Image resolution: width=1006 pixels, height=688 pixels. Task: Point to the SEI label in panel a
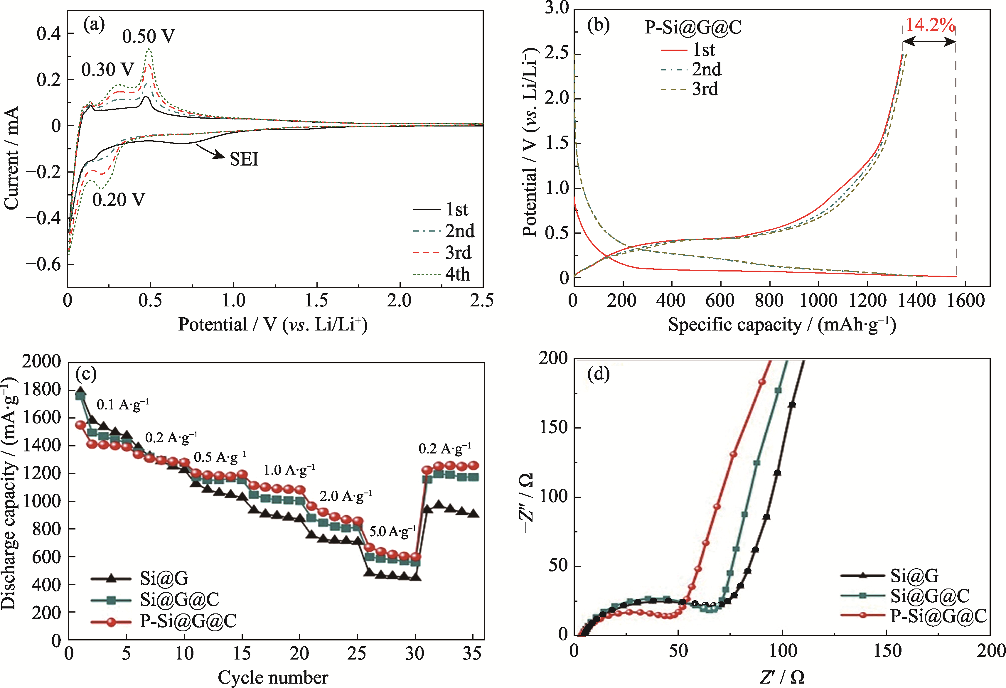pyautogui.click(x=244, y=159)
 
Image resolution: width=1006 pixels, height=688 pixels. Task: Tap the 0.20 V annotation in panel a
pyautogui.click(x=119, y=200)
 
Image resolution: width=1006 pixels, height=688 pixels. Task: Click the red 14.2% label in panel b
pyautogui.click(x=930, y=25)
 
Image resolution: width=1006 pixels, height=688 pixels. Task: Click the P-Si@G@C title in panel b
pyautogui.click(x=692, y=27)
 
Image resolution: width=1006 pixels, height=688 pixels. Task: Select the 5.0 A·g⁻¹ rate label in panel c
pyautogui.click(x=392, y=531)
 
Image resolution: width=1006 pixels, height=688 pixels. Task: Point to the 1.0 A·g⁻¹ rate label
pyautogui.click(x=289, y=470)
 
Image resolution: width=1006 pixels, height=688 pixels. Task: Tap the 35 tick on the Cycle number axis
pyautogui.click(x=472, y=653)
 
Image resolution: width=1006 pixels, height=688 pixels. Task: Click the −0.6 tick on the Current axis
pyautogui.click(x=43, y=264)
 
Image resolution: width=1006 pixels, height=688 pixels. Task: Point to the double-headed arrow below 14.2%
pyautogui.click(x=929, y=42)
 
